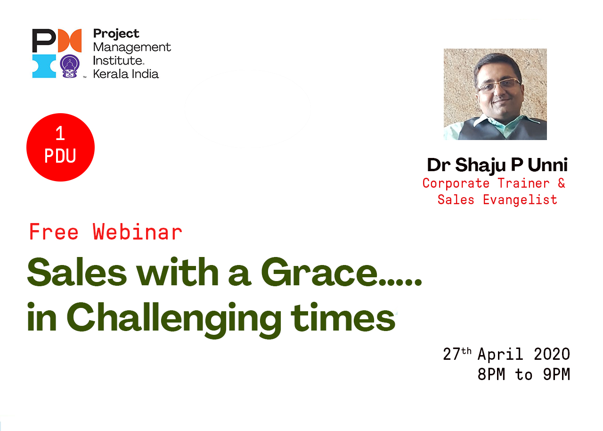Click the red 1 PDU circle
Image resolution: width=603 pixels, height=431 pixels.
pyautogui.click(x=61, y=147)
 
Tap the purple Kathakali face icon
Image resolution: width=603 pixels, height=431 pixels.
pyautogui.click(x=70, y=66)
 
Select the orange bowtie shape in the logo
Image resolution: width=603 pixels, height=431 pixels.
pyautogui.click(x=70, y=41)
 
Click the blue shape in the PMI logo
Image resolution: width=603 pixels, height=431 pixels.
pyautogui.click(x=44, y=66)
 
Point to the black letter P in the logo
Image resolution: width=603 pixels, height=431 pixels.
pyautogui.click(x=44, y=41)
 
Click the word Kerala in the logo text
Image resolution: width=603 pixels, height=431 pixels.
pyautogui.click(x=111, y=74)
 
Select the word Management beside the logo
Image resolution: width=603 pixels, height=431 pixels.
pyautogui.click(x=132, y=48)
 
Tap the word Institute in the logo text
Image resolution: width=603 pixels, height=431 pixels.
pyautogui.click(x=118, y=61)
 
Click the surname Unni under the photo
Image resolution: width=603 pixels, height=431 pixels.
pyautogui.click(x=548, y=165)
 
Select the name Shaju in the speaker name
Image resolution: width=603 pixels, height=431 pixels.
pyautogui.click(x=481, y=166)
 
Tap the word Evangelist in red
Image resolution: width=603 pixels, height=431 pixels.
pyautogui.click(x=520, y=200)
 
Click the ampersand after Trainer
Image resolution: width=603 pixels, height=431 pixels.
pyautogui.click(x=562, y=183)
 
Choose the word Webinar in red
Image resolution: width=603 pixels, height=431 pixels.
pyautogui.click(x=137, y=232)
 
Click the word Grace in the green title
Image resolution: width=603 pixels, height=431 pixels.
pyautogui.click(x=319, y=273)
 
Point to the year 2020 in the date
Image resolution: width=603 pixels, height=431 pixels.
pyautogui.click(x=552, y=354)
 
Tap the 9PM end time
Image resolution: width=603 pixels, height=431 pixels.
pyautogui.click(x=556, y=374)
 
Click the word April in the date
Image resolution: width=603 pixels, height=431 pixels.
pyautogui.click(x=500, y=355)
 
